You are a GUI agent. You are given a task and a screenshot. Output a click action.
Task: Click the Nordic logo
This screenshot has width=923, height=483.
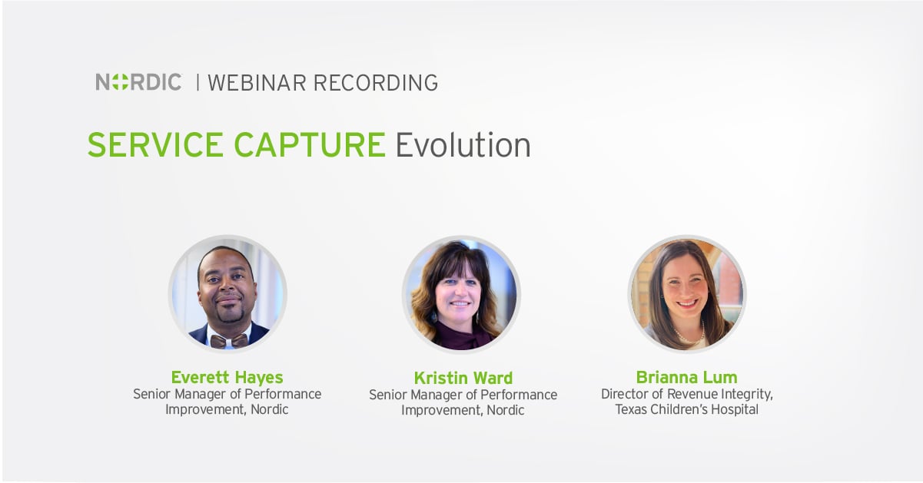point(138,82)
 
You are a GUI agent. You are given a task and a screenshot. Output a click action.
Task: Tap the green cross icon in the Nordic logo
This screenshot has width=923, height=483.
point(120,82)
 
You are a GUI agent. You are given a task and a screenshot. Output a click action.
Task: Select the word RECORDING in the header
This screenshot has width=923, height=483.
point(375,83)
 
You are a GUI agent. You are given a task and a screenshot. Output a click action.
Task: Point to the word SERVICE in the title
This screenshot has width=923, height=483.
point(155,144)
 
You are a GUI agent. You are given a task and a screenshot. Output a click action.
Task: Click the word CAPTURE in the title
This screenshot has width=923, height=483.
point(310,144)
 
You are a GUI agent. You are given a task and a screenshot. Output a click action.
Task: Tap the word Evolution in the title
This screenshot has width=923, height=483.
point(463,144)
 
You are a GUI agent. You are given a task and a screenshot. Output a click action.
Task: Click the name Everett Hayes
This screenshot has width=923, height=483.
point(227,377)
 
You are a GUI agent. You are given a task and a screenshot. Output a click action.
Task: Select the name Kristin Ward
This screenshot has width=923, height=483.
point(463,378)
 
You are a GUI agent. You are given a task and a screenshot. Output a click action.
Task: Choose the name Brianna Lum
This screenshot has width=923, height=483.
point(686,377)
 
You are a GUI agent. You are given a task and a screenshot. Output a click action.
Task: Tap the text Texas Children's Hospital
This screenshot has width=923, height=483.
point(686,409)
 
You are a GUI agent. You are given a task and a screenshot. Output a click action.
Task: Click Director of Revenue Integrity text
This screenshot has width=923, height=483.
point(686,394)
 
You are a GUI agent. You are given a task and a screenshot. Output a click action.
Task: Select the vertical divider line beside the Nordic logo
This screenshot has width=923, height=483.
point(198,82)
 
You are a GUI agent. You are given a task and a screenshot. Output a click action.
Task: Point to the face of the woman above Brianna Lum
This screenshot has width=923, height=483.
point(686,288)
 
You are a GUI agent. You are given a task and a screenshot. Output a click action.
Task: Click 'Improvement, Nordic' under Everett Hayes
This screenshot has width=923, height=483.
point(227,409)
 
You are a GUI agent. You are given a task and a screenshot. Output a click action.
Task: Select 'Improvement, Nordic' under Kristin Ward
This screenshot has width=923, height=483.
point(463,410)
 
